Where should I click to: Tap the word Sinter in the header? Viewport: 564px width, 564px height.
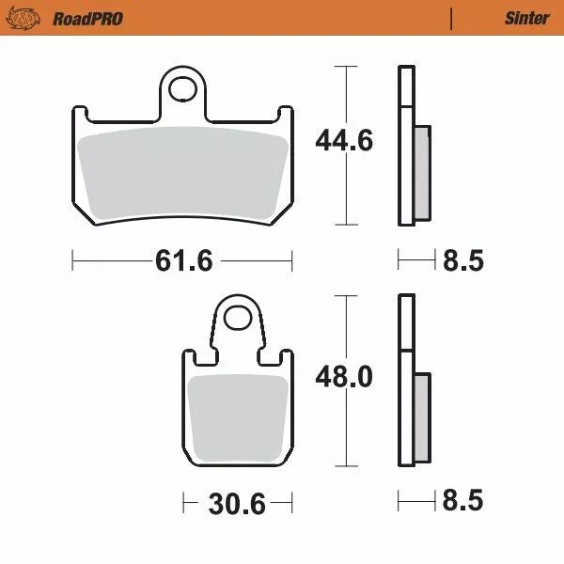click(526, 18)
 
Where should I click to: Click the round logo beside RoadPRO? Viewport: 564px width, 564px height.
click(30, 18)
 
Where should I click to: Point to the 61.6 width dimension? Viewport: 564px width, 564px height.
click(182, 260)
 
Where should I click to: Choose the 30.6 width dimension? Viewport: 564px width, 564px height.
click(235, 503)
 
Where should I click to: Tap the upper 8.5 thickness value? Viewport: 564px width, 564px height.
click(462, 260)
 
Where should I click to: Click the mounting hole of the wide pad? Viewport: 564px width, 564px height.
click(184, 91)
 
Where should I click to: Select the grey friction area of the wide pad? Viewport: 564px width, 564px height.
click(182, 174)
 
